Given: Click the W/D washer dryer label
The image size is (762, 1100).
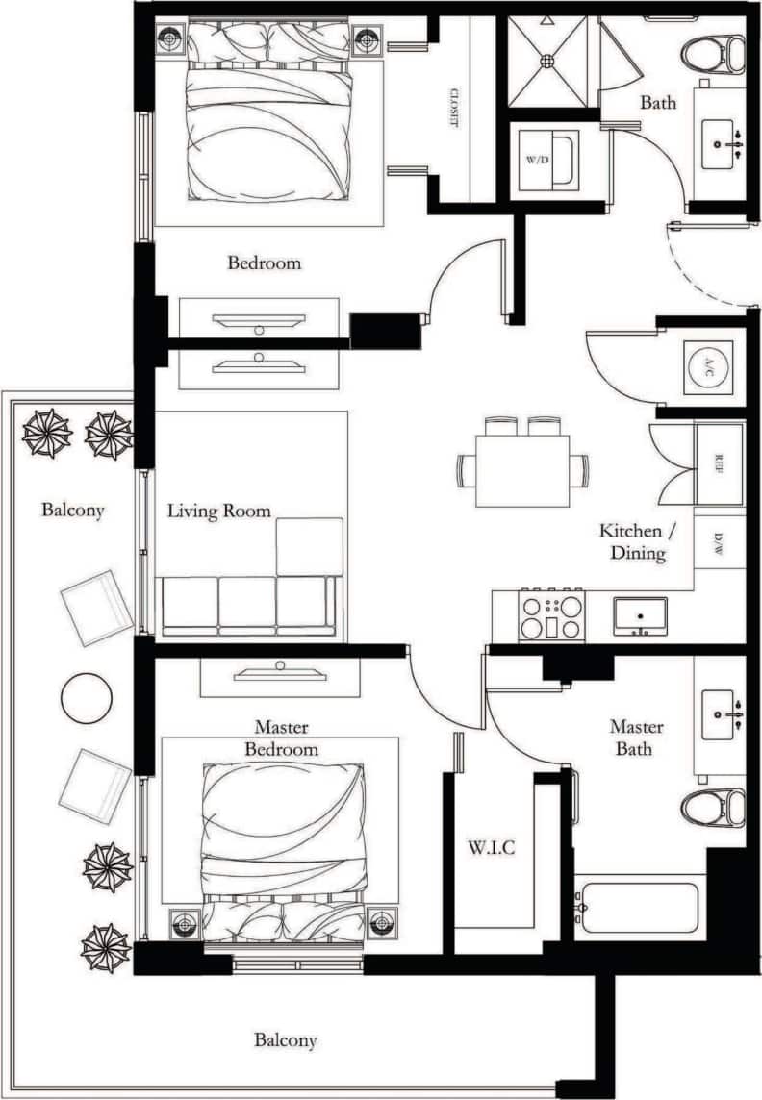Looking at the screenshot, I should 537,159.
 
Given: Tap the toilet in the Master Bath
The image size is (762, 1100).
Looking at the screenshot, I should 714,808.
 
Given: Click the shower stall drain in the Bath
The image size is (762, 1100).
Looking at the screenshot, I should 546,60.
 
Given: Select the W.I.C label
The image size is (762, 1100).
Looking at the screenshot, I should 492,849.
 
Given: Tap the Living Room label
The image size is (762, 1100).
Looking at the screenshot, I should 218,511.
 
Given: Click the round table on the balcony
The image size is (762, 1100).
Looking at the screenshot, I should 87,697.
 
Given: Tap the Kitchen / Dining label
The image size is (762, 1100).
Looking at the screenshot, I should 631,542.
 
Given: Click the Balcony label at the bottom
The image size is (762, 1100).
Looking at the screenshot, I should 285,1039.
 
